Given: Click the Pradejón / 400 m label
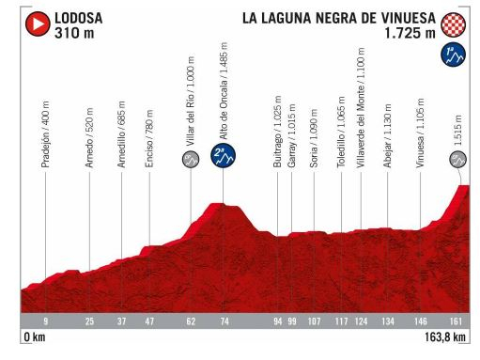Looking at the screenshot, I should (x=45, y=133).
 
